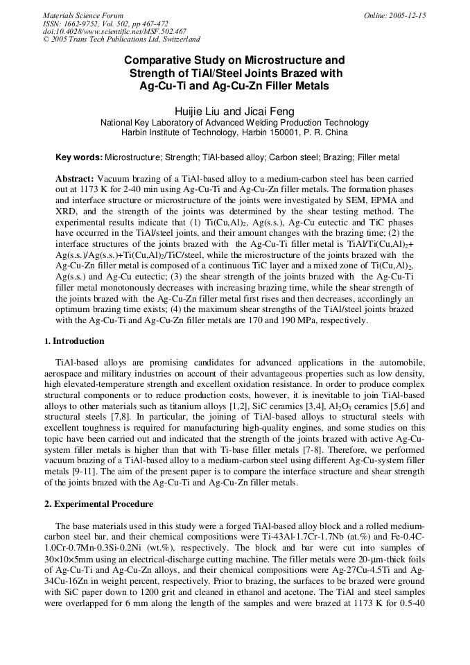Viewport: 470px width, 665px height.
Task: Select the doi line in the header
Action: pos(114,31)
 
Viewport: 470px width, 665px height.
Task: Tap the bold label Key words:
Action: pos(79,158)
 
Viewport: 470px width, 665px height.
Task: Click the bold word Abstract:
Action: pos(75,179)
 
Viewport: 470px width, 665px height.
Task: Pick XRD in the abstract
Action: pos(67,212)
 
